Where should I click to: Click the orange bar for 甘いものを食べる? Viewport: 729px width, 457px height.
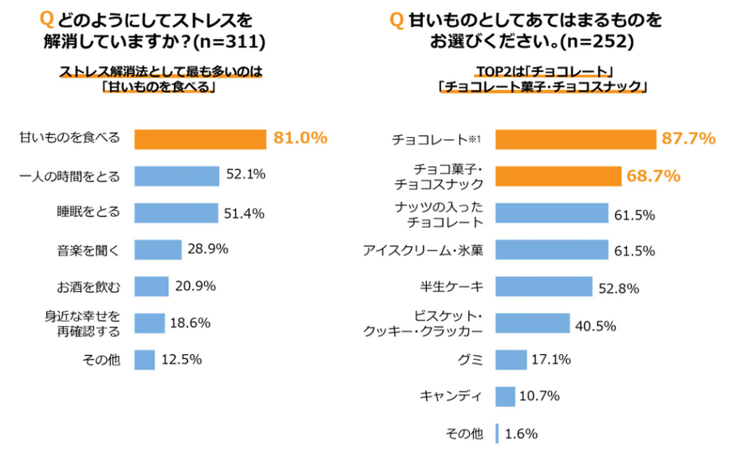pos(199,139)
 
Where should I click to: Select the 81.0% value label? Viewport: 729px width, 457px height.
pos(300,139)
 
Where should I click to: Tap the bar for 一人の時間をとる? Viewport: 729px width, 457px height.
pos(177,176)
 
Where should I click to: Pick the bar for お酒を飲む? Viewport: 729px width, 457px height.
pos(151,286)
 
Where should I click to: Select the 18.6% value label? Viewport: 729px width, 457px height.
pos(190,323)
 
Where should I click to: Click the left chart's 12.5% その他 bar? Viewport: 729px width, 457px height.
pos(144,360)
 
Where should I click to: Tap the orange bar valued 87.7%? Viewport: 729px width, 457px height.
pos(575,139)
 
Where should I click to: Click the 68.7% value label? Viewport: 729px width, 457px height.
pos(651,176)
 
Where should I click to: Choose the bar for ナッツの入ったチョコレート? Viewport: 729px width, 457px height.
pos(552,213)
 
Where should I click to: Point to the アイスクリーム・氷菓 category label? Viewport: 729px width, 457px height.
pos(424,250)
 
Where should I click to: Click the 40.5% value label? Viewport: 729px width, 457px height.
pos(595,324)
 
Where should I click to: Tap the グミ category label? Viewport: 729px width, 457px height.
pos(470,359)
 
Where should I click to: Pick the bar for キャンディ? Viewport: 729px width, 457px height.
pos(505,396)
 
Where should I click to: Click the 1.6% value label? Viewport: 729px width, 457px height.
pos(521,434)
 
